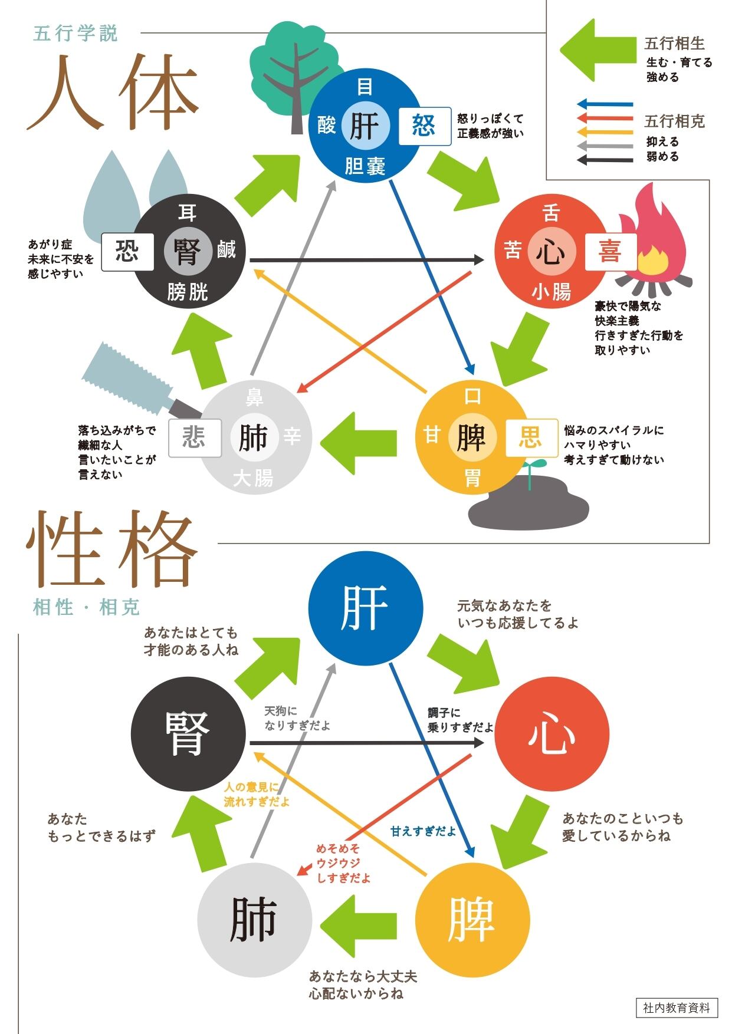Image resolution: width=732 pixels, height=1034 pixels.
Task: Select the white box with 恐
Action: point(127,252)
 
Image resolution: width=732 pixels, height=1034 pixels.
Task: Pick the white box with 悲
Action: point(195,438)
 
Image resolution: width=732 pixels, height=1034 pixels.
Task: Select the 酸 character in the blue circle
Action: point(327,125)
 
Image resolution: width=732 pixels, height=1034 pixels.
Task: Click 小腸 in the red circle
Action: point(552,292)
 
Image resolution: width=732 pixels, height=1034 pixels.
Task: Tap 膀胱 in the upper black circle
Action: point(188,292)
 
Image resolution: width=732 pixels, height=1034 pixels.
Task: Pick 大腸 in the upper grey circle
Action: point(254,478)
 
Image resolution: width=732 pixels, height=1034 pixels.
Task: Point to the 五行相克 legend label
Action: point(675,121)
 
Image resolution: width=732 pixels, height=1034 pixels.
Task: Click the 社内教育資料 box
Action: point(677,1007)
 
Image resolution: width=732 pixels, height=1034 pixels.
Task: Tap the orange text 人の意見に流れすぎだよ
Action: point(257,795)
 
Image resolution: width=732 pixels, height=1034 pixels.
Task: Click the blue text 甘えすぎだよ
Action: point(423,831)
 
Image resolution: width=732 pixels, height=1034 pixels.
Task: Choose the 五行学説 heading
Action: point(76,33)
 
